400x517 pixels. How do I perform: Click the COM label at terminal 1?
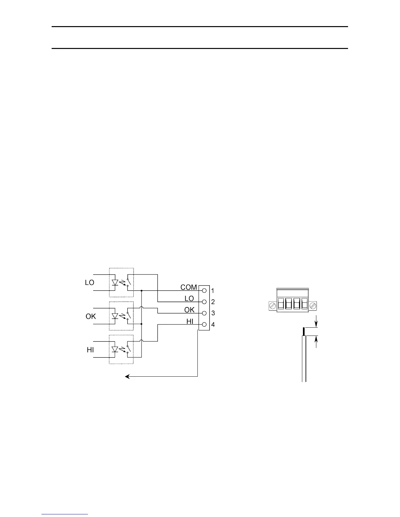pos(189,287)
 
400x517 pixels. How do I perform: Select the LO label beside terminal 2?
pos(189,299)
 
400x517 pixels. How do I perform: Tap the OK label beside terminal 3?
pos(189,310)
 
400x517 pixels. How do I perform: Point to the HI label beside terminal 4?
pos(190,321)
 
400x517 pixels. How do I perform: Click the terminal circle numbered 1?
pos(205,290)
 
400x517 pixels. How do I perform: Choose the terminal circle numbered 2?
pos(205,302)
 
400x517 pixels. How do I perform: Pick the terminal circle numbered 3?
pos(205,313)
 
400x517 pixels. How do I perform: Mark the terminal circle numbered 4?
pos(205,324)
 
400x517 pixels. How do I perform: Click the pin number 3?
pos(213,313)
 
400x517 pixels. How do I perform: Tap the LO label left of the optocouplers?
pos(90,283)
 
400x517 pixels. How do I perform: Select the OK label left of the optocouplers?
pos(91,316)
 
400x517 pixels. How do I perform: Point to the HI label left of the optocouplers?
pos(91,350)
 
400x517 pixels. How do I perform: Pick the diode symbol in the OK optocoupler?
pos(115,316)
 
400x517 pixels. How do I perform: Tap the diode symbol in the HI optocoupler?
pos(115,350)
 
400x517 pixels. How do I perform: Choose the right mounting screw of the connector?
pos(313,306)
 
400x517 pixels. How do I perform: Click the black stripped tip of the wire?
pos(304,332)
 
